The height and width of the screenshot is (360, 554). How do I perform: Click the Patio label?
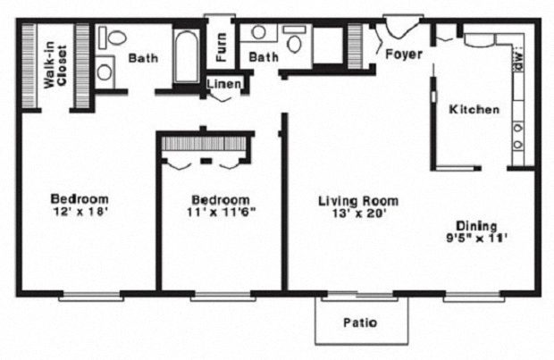point(360,322)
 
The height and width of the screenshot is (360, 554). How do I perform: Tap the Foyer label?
point(404,54)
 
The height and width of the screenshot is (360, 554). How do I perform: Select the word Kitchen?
point(474,110)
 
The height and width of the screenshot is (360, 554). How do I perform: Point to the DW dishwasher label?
point(516,60)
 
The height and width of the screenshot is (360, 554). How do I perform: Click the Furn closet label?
point(220,49)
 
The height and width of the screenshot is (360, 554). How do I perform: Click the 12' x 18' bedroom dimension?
point(80,213)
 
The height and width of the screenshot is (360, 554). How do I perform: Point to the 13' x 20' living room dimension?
point(357,214)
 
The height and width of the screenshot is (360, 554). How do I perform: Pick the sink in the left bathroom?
point(105,71)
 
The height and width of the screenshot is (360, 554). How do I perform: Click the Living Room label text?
point(357,201)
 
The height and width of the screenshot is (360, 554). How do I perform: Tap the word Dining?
point(476,226)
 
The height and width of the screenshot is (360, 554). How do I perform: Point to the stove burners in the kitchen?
point(517,134)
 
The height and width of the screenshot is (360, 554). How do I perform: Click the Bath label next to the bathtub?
point(143,59)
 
